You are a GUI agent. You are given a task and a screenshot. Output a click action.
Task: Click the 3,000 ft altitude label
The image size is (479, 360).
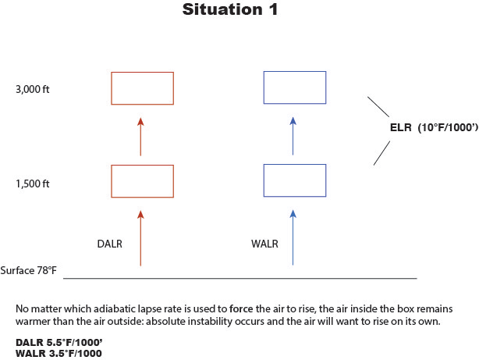[32, 89]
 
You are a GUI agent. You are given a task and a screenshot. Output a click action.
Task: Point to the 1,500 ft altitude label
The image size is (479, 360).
[32, 184]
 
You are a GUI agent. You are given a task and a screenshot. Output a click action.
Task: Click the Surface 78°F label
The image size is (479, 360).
[29, 270]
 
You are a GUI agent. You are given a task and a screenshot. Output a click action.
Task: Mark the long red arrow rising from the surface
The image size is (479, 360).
[140, 238]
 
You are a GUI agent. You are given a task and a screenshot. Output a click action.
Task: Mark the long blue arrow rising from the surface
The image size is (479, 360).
[293, 238]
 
